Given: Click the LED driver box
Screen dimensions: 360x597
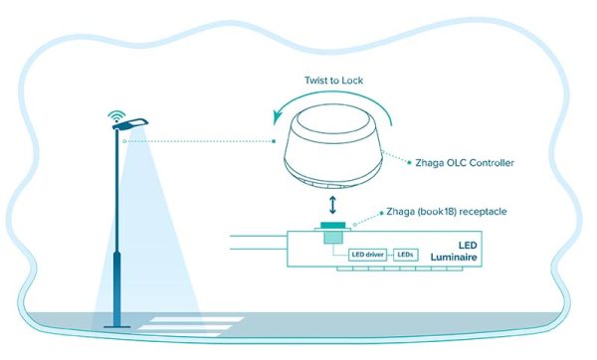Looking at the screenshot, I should pyautogui.click(x=370, y=256).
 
